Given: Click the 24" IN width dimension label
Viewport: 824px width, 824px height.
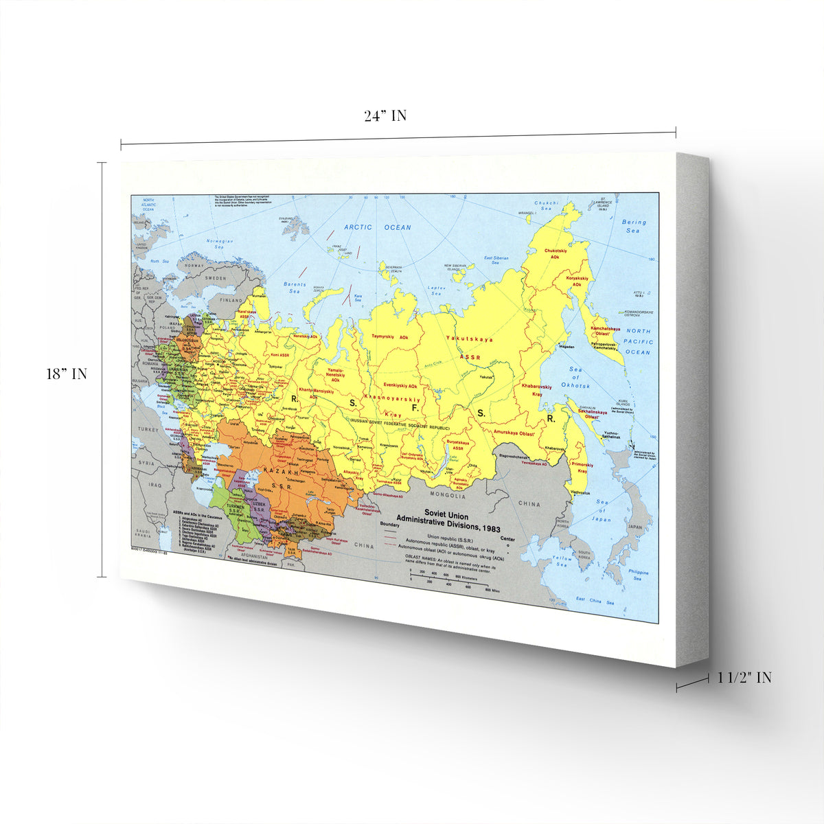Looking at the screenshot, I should [385, 116].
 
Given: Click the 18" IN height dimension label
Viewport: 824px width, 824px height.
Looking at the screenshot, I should [67, 374].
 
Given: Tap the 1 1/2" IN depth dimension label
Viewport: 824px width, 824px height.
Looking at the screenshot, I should [744, 678].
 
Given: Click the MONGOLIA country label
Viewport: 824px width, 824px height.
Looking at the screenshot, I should [447, 494].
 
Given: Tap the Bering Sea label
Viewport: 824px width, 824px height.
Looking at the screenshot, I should [633, 227].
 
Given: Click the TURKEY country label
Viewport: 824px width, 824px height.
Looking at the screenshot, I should [147, 428].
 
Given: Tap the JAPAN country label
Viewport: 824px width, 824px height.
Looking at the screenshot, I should [635, 527].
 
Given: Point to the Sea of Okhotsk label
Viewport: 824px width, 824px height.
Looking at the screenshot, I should [575, 377].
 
